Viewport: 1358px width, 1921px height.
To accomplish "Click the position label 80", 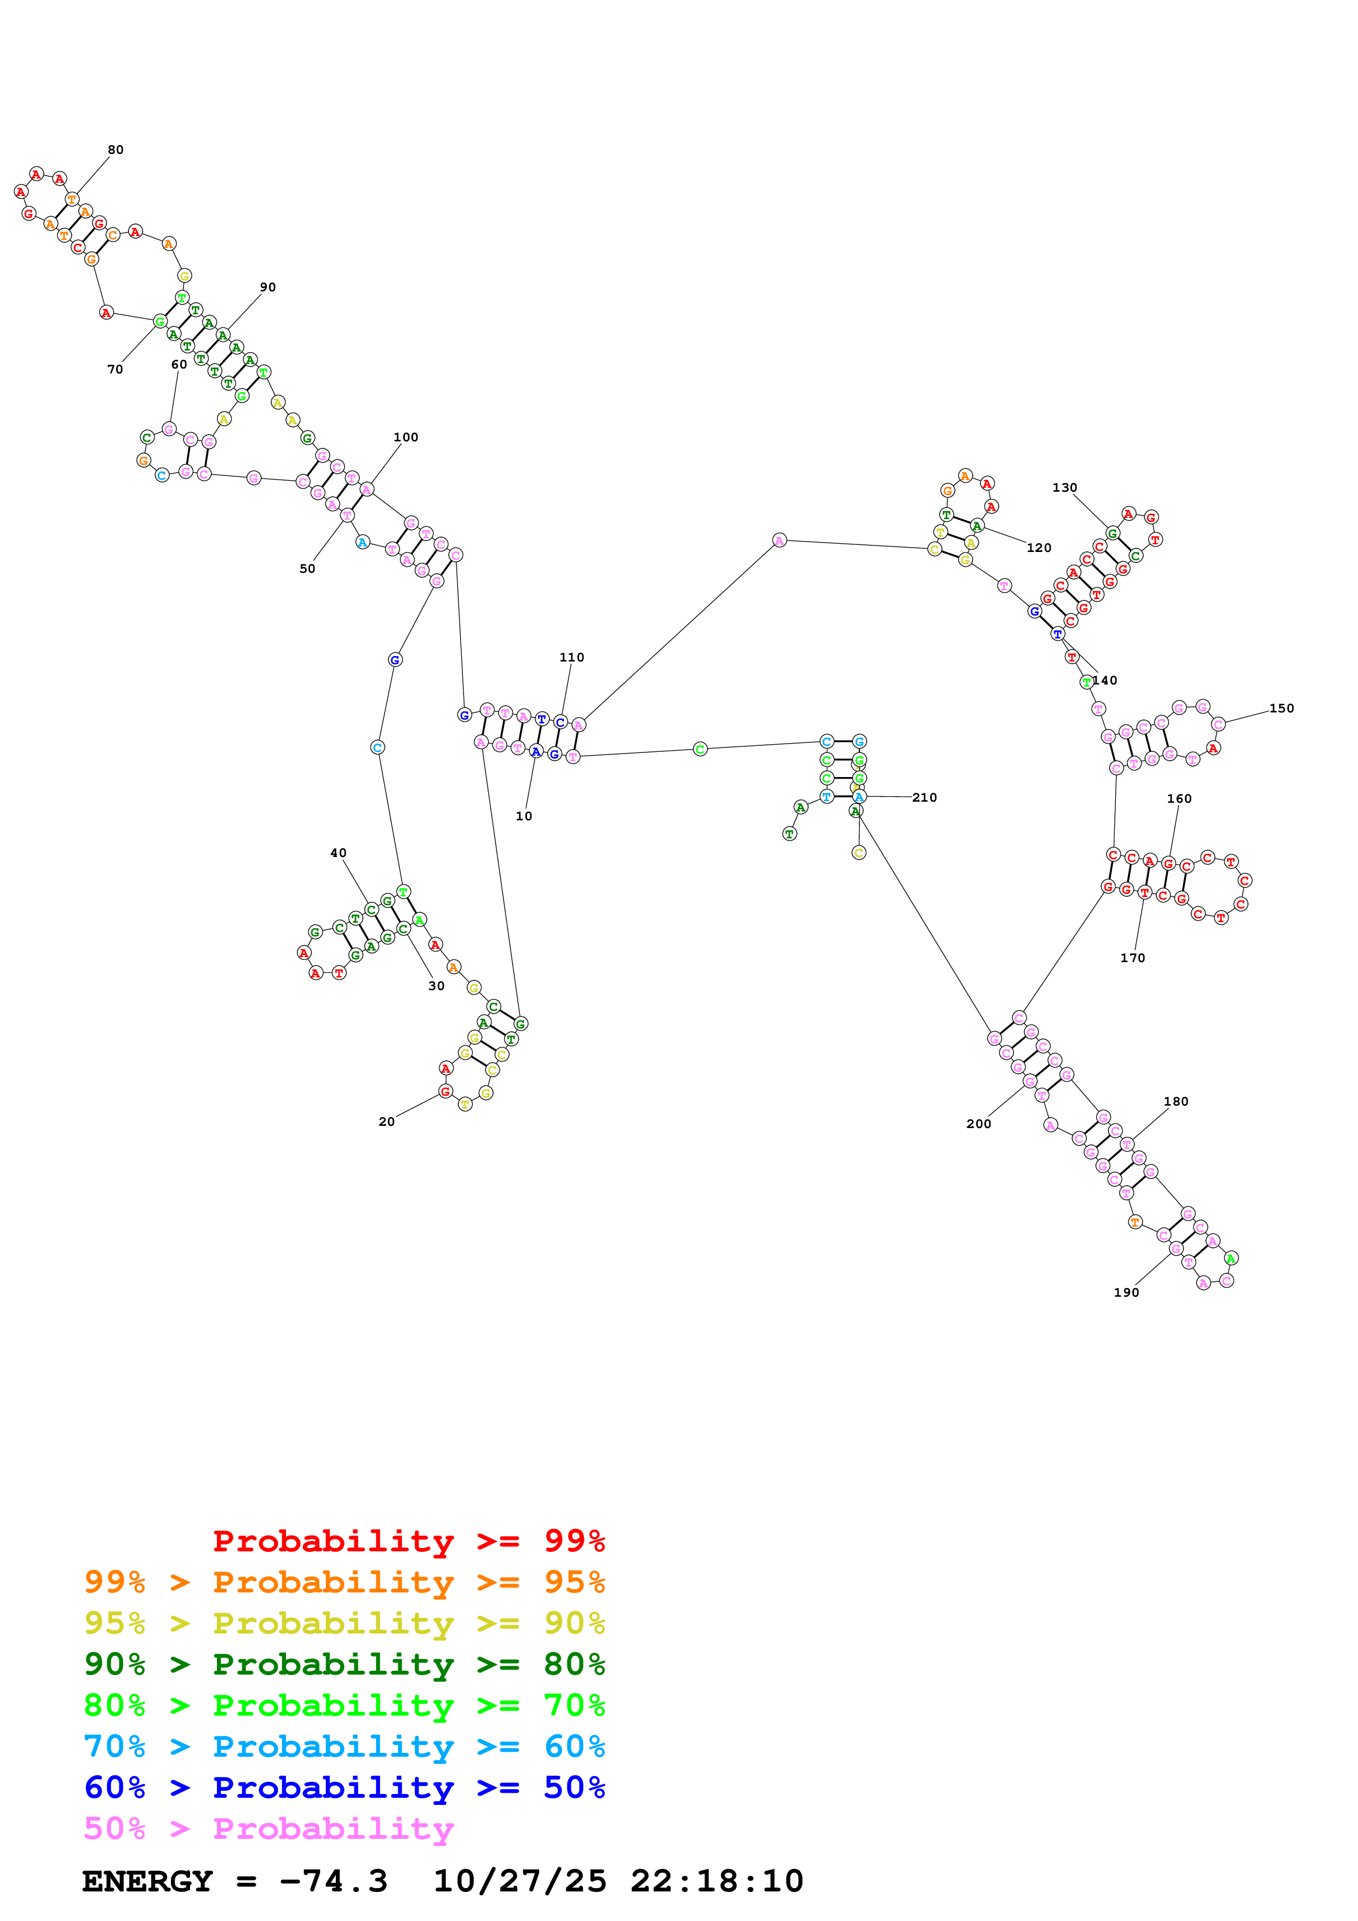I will tap(116, 149).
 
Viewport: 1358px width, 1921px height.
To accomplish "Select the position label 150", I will tap(1281, 708).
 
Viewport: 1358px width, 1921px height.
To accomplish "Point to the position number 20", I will tap(387, 1122).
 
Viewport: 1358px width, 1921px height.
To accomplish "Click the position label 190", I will tap(1126, 1293).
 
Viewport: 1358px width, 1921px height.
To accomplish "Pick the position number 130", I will tap(1064, 488).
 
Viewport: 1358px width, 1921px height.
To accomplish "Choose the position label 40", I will tap(338, 853).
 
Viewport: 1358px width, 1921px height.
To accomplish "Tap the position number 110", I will tap(571, 658).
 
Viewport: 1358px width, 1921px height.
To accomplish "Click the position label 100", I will tap(406, 438).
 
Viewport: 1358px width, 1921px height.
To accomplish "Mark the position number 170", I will tap(1132, 958).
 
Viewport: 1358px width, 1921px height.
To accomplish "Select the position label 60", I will tap(179, 365).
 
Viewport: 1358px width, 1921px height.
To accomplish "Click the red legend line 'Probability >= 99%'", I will tap(408, 1541).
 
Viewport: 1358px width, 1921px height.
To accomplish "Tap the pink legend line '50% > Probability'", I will tap(268, 1829).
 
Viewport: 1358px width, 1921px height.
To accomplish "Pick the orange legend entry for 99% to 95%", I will tap(344, 1582).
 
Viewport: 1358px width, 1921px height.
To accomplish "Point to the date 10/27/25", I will tap(520, 1882).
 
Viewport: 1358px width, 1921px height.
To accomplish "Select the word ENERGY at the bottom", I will tap(147, 1882).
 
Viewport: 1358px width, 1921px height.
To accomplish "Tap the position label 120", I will tap(1039, 548).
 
